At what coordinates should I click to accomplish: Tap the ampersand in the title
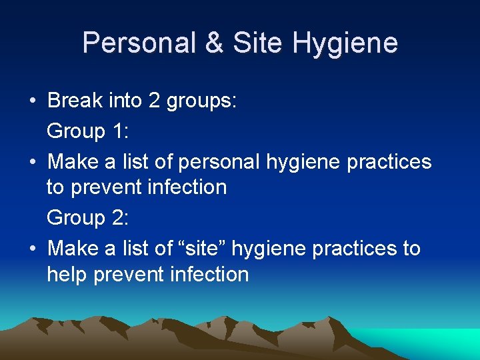coord(214,43)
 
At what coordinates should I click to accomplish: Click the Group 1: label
coord(87,131)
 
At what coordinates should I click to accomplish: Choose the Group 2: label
coord(87,218)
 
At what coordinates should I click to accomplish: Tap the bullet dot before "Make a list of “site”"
coord(33,249)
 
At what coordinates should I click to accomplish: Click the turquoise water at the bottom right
coord(447,343)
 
